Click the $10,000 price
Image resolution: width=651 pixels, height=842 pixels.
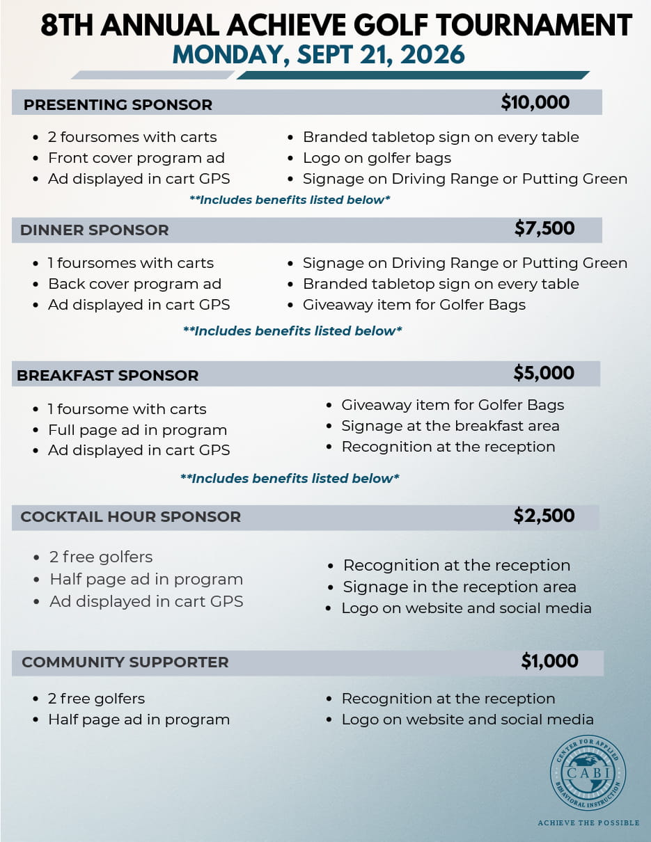click(x=535, y=103)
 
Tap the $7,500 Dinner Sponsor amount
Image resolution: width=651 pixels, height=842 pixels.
click(x=544, y=228)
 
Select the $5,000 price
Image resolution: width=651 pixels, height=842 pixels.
click(x=544, y=373)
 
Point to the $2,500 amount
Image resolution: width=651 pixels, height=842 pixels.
click(x=544, y=516)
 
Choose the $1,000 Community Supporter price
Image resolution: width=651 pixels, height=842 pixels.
click(x=549, y=661)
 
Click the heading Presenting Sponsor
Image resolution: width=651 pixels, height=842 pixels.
click(x=118, y=105)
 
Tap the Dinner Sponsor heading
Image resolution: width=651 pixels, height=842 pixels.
click(x=94, y=230)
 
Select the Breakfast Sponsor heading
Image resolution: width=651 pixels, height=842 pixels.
click(x=107, y=375)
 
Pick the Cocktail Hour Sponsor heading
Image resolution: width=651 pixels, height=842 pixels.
click(x=130, y=517)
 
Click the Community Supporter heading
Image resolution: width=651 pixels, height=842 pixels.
click(x=125, y=662)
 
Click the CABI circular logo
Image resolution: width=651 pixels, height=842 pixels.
click(x=588, y=772)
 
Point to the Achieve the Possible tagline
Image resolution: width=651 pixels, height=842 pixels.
click(x=588, y=823)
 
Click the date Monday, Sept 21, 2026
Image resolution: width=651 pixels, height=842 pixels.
click(x=318, y=54)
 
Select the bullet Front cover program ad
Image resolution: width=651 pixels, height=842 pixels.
click(x=136, y=158)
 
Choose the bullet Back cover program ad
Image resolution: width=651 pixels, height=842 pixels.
click(x=134, y=284)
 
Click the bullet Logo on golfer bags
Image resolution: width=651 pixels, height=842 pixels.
click(x=377, y=158)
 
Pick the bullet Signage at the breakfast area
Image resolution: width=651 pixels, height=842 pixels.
click(x=450, y=426)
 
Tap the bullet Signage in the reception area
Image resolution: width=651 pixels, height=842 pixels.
click(x=459, y=587)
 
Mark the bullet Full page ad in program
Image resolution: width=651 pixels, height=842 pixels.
click(x=137, y=430)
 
